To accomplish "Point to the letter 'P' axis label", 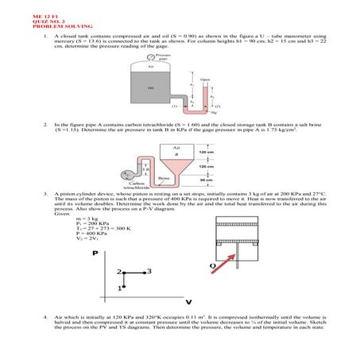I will pyautogui.click(x=96, y=253).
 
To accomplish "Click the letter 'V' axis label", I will pyautogui.click(x=188, y=302).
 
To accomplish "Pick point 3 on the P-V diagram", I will pyautogui.click(x=149, y=272).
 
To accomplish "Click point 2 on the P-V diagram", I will pyautogui.click(x=116, y=272).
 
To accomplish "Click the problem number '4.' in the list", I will pyautogui.click(x=48, y=315).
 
